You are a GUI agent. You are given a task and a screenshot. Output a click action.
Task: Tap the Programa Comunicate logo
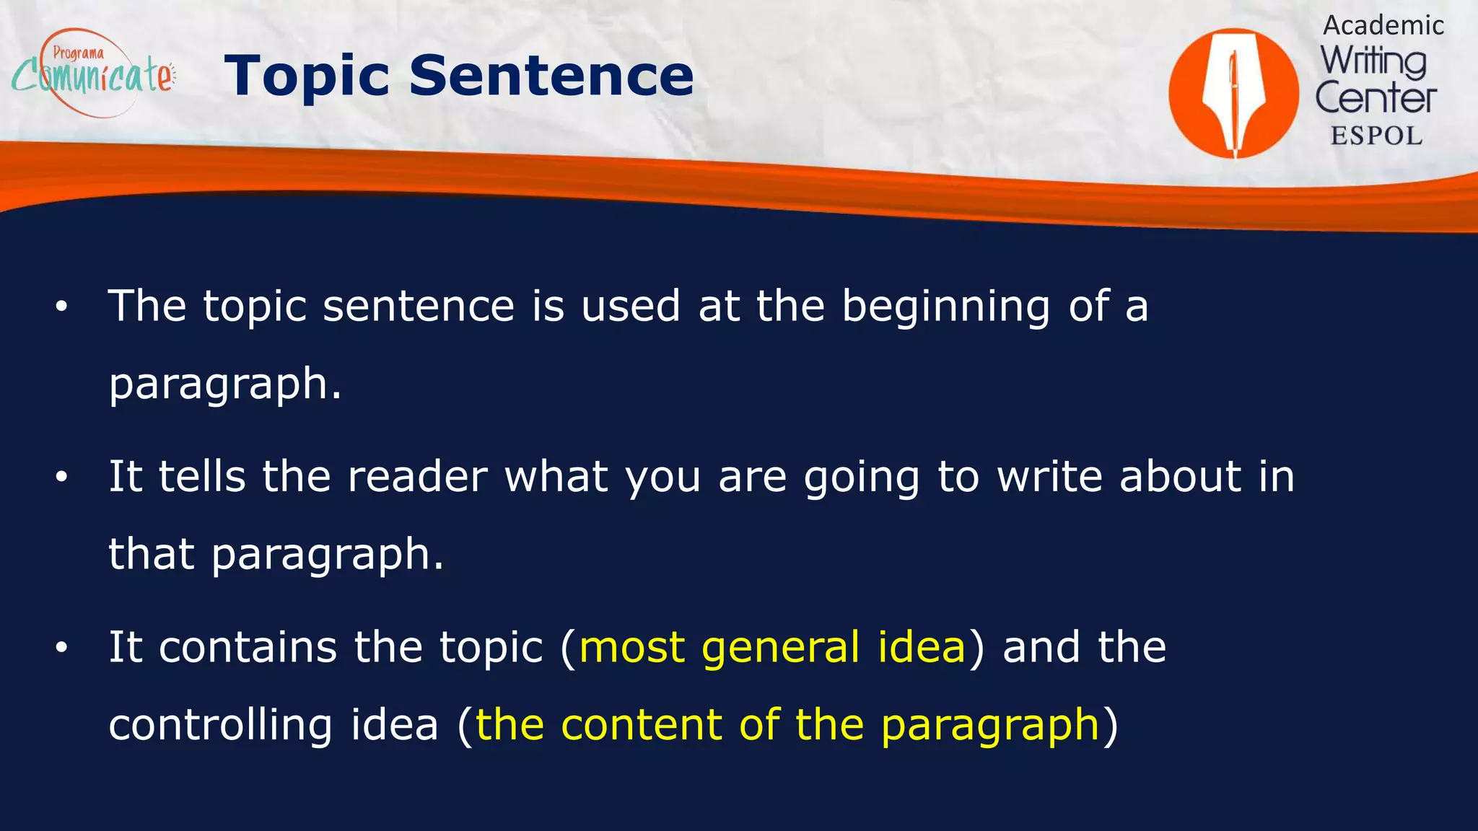(x=92, y=72)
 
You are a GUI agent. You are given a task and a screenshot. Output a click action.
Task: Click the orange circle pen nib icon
(x=1233, y=93)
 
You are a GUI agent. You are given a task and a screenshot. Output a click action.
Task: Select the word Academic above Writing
(x=1383, y=25)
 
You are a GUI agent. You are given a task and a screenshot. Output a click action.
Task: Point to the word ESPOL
(x=1376, y=136)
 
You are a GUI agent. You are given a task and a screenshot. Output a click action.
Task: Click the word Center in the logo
(x=1376, y=98)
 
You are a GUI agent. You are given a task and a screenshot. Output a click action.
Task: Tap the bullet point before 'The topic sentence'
(x=61, y=307)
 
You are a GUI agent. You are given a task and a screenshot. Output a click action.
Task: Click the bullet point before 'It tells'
(x=61, y=477)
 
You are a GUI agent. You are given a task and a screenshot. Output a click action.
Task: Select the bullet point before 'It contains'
(x=61, y=647)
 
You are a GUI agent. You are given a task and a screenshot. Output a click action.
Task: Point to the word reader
(x=417, y=477)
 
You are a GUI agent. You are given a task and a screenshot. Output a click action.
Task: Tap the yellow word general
(x=780, y=647)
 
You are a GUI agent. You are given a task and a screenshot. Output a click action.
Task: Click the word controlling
(x=220, y=725)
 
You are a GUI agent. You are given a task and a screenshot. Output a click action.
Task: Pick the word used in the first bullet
(x=630, y=306)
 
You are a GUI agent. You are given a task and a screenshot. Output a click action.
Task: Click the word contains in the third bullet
(x=248, y=647)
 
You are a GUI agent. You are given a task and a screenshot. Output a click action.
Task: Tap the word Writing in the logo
(x=1373, y=62)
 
